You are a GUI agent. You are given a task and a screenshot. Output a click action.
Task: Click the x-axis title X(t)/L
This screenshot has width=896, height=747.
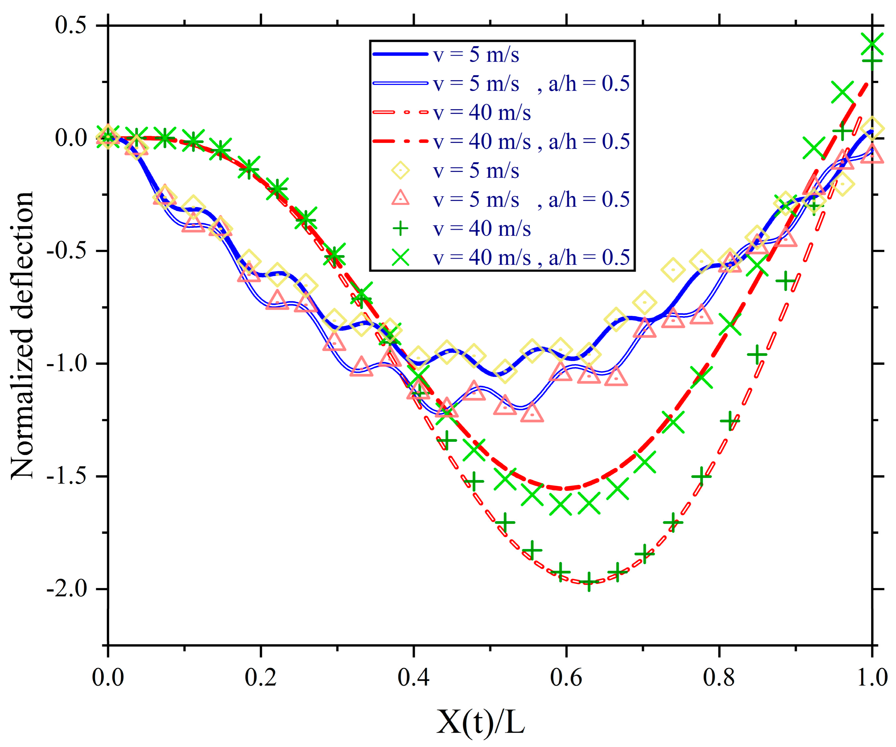point(481,722)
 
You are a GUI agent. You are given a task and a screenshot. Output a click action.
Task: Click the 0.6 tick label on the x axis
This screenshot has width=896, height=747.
point(566,677)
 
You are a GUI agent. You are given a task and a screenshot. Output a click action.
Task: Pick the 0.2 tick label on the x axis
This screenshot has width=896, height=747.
point(261,677)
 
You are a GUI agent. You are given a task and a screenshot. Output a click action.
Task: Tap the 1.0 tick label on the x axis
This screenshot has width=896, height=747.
point(872,677)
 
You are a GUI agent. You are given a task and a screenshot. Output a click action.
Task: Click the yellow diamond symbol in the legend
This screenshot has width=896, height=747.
point(400,170)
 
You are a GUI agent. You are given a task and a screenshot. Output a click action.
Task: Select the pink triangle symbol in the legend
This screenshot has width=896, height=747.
point(400,199)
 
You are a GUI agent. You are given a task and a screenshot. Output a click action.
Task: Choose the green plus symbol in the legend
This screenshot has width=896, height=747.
point(400,229)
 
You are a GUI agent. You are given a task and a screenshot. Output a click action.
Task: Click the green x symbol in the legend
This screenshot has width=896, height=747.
point(400,257)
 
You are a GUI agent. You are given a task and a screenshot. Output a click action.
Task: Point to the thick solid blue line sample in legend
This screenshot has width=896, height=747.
point(400,54)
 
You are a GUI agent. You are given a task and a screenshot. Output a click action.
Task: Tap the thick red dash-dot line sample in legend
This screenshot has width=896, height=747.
point(400,141)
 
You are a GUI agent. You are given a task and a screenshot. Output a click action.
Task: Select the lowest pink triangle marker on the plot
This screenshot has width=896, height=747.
point(532,413)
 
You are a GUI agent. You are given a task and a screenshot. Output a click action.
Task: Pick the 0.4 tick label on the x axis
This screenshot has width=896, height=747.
point(413,677)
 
